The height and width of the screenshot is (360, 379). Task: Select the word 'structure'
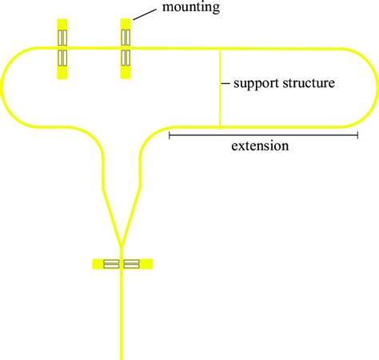pyautogui.click(x=309, y=83)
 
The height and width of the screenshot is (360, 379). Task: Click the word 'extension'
pyautogui.click(x=260, y=146)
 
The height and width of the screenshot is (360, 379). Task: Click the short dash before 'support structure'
pyautogui.click(x=225, y=83)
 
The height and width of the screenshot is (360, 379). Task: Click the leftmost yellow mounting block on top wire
pyautogui.click(x=62, y=49)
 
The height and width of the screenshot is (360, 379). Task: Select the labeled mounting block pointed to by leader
pyautogui.click(x=126, y=49)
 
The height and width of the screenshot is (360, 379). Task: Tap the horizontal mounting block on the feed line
pyautogui.click(x=122, y=263)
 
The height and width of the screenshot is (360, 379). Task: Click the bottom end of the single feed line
pyautogui.click(x=122, y=356)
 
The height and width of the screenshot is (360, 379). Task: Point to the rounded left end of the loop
pyautogui.click(x=3, y=87)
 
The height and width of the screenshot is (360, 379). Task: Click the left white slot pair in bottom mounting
pyautogui.click(x=112, y=263)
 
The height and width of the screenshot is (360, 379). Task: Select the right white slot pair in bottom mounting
pyautogui.click(x=133, y=263)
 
